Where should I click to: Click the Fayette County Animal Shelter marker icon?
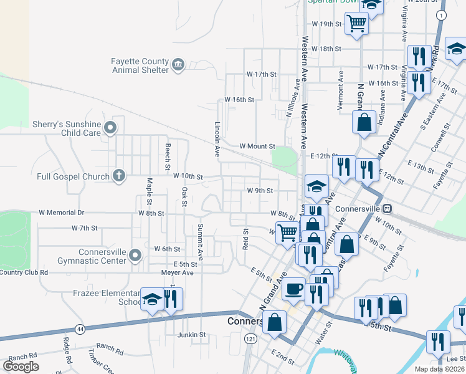click(x=178, y=65)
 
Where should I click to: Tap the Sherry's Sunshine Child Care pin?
click(x=111, y=128)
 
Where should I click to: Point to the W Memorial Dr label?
click(x=61, y=213)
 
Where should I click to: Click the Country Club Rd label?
click(x=24, y=272)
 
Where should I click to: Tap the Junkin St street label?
click(x=191, y=335)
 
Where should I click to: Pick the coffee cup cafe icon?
click(x=294, y=289)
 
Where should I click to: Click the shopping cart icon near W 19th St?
click(x=357, y=24)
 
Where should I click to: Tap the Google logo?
click(x=21, y=366)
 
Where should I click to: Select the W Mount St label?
click(x=257, y=146)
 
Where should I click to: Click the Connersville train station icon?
click(x=386, y=208)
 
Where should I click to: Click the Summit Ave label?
click(x=200, y=241)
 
